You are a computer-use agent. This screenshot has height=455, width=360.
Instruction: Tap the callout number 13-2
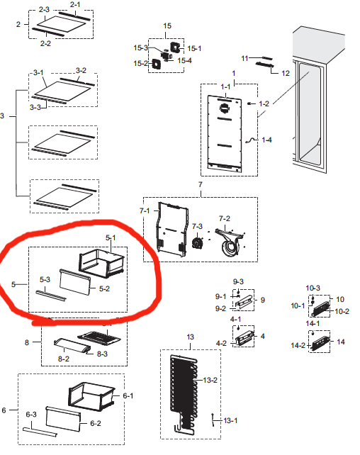tap(210, 381)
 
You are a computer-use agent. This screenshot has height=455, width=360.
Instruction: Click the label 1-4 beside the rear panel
tap(266, 141)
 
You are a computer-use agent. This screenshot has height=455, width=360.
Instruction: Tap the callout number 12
tap(286, 73)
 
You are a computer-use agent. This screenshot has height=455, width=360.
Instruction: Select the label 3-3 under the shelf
tap(35, 107)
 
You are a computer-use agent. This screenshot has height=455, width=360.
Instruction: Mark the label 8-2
tap(63, 359)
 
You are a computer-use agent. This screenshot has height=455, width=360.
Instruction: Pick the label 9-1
tap(220, 296)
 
